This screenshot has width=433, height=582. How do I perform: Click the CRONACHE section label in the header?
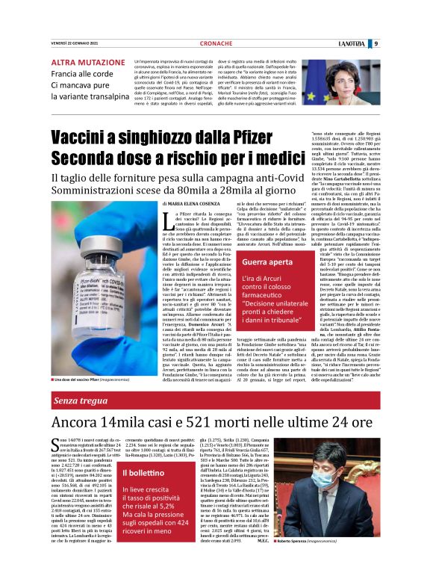(216, 44)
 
